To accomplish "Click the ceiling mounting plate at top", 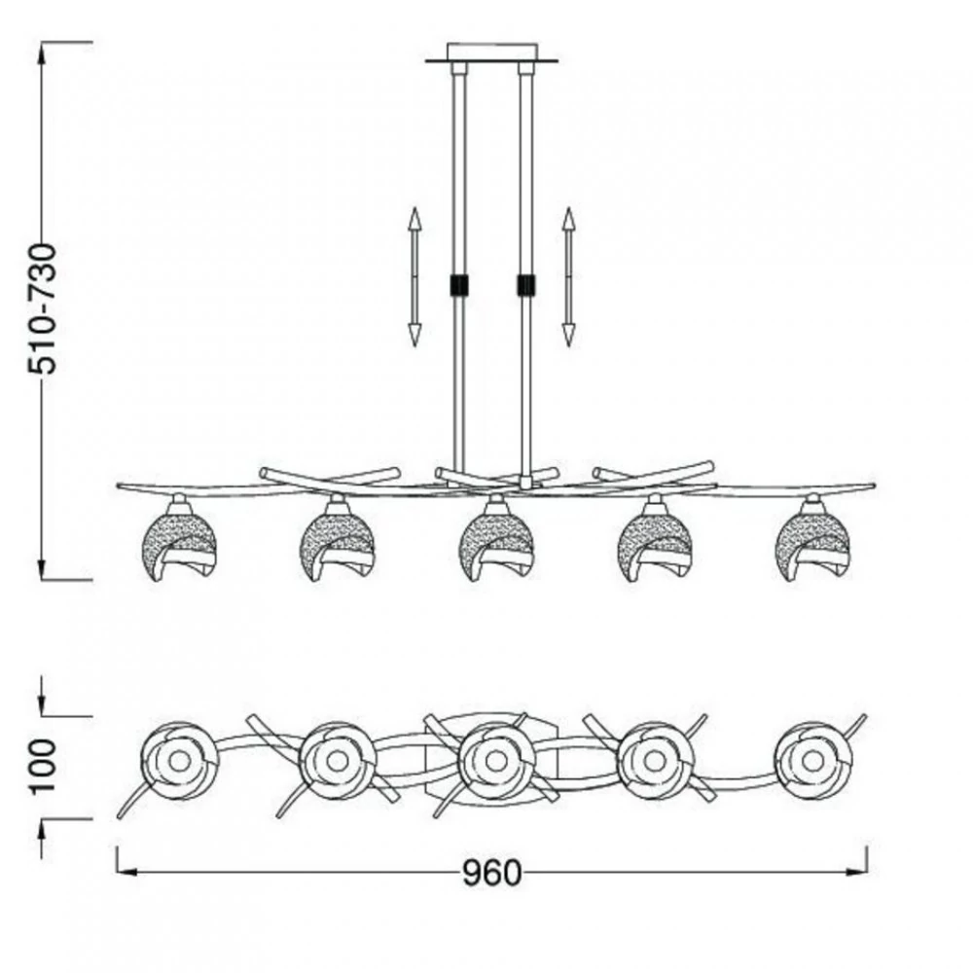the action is click(x=491, y=54).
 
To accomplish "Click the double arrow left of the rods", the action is click(x=414, y=276).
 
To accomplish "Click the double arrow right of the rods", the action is click(x=568, y=276).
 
